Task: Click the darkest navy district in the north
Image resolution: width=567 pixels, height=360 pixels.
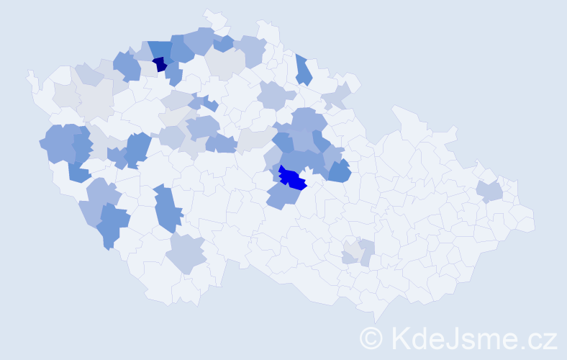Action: [x=160, y=64]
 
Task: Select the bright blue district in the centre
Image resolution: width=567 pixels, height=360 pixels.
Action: [x=293, y=178]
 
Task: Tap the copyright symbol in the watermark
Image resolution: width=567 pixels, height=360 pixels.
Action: [x=371, y=338]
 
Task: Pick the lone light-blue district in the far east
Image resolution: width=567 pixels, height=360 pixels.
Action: [x=489, y=192]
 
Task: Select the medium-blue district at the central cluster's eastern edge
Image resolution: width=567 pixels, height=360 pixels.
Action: [x=338, y=171]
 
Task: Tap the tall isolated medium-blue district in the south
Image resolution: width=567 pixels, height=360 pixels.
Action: [x=168, y=208]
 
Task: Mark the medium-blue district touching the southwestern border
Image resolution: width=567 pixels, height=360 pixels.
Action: [x=110, y=225]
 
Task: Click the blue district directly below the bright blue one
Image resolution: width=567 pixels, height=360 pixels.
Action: [x=283, y=195]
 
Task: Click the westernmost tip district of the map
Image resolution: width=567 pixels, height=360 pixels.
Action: [x=31, y=78]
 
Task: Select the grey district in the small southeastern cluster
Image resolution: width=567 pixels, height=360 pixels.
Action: [x=353, y=248]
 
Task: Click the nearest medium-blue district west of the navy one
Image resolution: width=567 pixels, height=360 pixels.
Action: [x=127, y=66]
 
